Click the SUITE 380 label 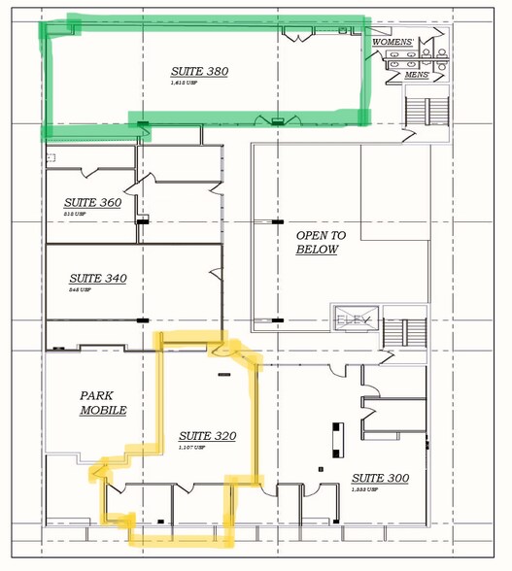[x=199, y=71]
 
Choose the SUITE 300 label [x=380, y=478]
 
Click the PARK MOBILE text [x=103, y=403]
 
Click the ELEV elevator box [x=348, y=319]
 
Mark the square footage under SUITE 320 [x=190, y=448]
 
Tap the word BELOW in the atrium [x=318, y=250]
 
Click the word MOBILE [x=103, y=411]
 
